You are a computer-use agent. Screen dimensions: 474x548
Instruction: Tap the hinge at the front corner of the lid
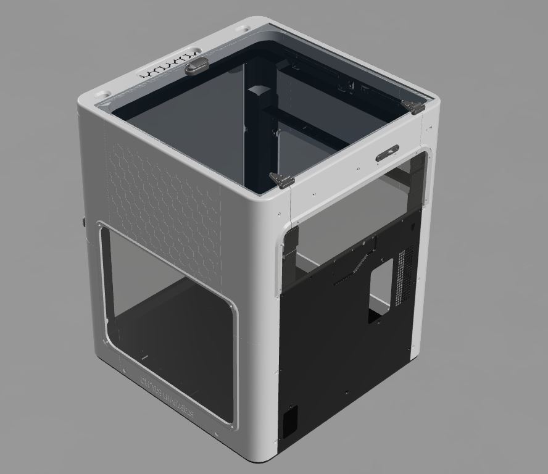point(281,180)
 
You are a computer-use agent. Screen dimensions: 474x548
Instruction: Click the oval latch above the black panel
point(387,153)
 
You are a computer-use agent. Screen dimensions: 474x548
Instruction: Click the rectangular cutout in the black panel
point(380,287)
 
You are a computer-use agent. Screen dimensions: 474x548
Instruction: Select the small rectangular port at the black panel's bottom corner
point(289,420)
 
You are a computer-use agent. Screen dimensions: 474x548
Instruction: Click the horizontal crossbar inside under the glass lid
point(302,127)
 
